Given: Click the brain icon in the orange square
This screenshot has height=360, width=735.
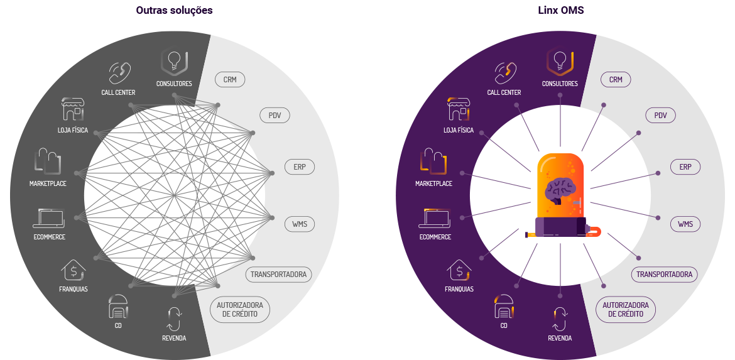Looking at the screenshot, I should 560,190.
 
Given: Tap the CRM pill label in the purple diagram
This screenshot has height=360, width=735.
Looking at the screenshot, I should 616,80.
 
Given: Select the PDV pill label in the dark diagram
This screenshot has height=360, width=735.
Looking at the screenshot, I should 275,116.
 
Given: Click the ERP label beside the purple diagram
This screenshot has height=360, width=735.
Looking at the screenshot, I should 685,167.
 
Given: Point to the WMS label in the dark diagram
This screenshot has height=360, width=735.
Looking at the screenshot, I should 299,224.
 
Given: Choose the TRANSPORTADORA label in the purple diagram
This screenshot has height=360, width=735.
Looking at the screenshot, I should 664,275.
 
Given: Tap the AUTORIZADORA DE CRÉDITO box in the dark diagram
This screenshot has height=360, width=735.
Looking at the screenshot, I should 240,309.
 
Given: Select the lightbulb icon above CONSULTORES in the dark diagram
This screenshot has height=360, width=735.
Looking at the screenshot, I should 175,62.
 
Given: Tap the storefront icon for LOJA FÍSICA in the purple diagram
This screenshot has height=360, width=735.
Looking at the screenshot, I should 458,110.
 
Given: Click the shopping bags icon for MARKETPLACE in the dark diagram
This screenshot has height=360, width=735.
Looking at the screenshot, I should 48,161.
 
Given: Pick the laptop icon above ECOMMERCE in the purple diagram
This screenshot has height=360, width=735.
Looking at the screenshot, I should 434,218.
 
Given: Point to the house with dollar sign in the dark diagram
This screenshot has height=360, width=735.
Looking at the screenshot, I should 73,271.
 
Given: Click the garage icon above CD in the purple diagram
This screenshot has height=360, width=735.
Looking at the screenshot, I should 504,307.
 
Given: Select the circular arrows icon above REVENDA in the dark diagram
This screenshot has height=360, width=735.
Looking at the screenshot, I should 174,319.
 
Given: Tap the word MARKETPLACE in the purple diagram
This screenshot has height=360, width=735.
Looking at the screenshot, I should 433,184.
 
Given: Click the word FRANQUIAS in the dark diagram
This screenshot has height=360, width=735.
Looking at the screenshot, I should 73,290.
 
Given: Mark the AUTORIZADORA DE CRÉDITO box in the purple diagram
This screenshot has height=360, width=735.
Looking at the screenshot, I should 626,309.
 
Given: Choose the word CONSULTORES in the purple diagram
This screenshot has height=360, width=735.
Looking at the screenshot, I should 560,84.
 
